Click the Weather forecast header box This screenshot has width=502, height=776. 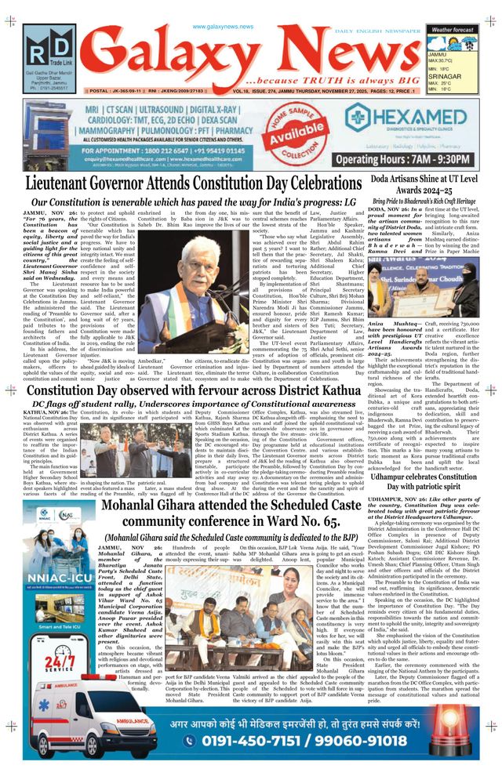coord(453,29)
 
